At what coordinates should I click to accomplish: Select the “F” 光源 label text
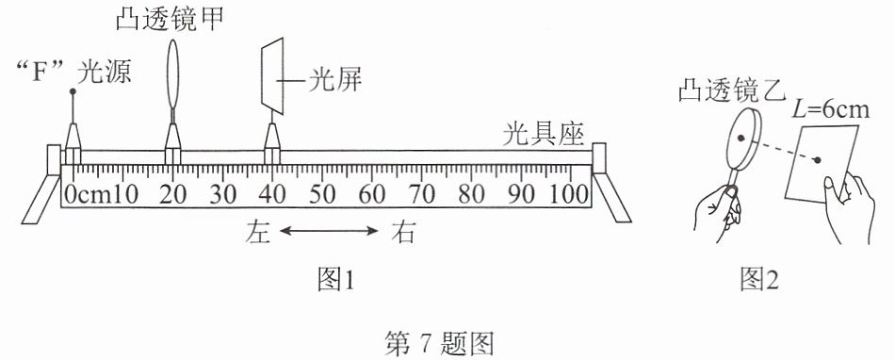point(74,74)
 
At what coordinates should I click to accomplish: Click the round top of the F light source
point(73,91)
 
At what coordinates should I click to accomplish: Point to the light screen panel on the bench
point(272,76)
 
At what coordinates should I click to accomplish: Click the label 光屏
point(335,82)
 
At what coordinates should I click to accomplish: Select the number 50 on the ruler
point(322,194)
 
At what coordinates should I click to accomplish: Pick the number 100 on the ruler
point(569,194)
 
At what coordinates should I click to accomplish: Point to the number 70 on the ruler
point(422,194)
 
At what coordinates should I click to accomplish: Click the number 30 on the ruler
point(222,194)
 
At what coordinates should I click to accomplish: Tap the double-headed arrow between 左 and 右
point(329,231)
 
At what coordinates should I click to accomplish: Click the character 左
point(258,231)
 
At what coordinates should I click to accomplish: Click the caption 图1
point(336,280)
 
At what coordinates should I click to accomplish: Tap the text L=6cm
point(830,108)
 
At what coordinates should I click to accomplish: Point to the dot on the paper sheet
point(818,160)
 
